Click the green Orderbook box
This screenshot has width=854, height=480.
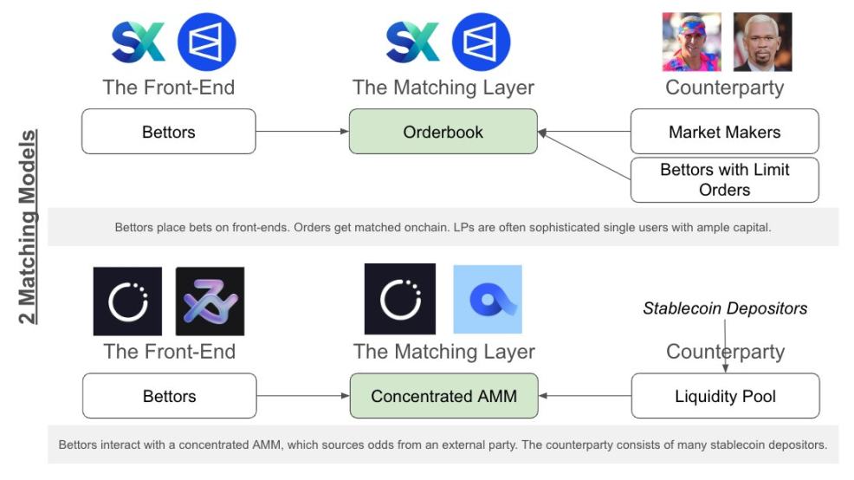pyautogui.click(x=443, y=132)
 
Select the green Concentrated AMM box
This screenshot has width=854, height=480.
pyautogui.click(x=443, y=396)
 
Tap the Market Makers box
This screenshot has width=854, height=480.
pyautogui.click(x=724, y=132)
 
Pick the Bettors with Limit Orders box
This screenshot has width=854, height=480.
pyautogui.click(x=724, y=179)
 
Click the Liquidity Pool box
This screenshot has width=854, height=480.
pyautogui.click(x=724, y=396)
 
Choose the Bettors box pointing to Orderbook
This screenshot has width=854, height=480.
pyautogui.click(x=169, y=132)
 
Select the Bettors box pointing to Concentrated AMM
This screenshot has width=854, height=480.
pyautogui.click(x=169, y=396)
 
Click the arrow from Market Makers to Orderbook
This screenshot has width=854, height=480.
pyautogui.click(x=584, y=133)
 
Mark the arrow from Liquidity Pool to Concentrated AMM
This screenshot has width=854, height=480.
pyautogui.click(x=584, y=397)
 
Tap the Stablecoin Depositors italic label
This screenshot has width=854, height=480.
pyautogui.click(x=724, y=308)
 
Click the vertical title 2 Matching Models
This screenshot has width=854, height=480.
pyautogui.click(x=29, y=227)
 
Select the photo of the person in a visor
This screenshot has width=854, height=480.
pyautogui.click(x=691, y=42)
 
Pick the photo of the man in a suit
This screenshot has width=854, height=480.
pyautogui.click(x=762, y=42)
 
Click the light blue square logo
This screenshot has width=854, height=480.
pyautogui.click(x=488, y=300)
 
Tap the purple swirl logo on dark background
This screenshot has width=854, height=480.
pyautogui.click(x=210, y=301)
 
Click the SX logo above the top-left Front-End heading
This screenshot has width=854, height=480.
pyautogui.click(x=139, y=42)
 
